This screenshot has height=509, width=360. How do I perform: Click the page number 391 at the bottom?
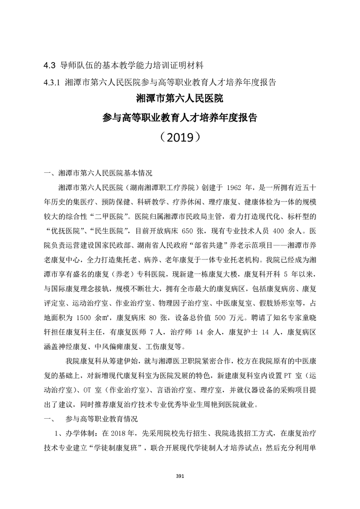(x=179, y=476)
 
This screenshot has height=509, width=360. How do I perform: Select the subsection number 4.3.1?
(x=52, y=83)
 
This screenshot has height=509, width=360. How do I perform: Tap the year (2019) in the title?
(x=180, y=136)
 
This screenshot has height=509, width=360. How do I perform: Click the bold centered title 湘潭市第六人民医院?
(x=180, y=98)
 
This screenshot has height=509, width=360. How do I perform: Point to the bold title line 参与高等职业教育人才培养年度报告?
(x=180, y=117)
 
